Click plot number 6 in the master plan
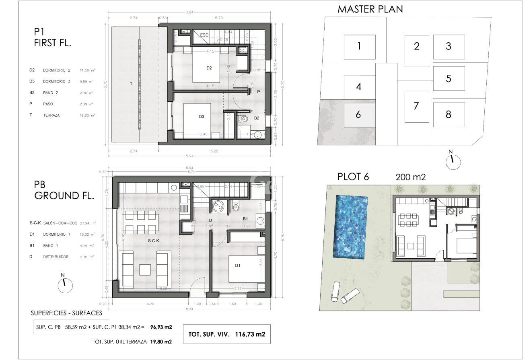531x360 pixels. tap(358, 115)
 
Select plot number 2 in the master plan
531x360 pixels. tap(416, 46)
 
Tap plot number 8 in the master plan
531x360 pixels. tap(448, 115)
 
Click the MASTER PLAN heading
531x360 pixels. tap(370, 9)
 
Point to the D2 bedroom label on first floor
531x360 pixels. tap(209, 68)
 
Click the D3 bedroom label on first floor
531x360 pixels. tap(202, 117)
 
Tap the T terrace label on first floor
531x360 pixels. tap(131, 84)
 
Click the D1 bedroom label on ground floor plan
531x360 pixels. tap(238, 265)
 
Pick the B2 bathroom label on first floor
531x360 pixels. tap(256, 119)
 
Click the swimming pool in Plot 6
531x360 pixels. tap(350, 227)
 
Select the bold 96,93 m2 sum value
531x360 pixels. tap(161, 327)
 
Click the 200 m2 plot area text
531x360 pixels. tap(410, 177)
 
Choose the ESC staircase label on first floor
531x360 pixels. tap(204, 35)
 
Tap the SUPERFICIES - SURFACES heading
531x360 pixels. tap(66, 313)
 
